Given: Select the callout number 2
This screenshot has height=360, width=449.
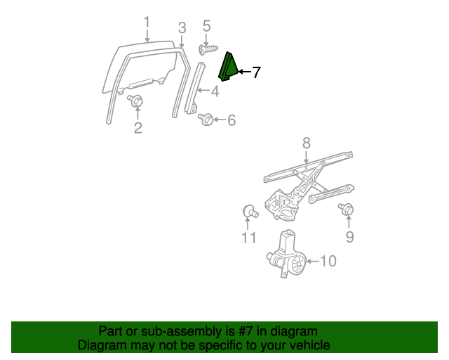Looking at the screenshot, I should tap(138, 127).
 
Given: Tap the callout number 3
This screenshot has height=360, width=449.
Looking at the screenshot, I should tap(182, 28).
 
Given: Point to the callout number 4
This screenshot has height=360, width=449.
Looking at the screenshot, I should tap(215, 91).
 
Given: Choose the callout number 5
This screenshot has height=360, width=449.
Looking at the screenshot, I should tap(206, 27).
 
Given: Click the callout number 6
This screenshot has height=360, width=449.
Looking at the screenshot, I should tap(231, 120).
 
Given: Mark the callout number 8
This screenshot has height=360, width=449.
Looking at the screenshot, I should tap(306, 143).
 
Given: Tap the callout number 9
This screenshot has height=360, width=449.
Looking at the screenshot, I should tap(349, 237).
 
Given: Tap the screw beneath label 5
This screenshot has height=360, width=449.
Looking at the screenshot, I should tap(208, 50).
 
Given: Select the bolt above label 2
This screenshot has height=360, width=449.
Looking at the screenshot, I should tap(135, 101).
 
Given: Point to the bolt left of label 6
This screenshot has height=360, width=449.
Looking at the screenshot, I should tap(207, 120).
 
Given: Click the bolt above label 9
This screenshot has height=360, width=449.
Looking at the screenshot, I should tap(347, 210).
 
